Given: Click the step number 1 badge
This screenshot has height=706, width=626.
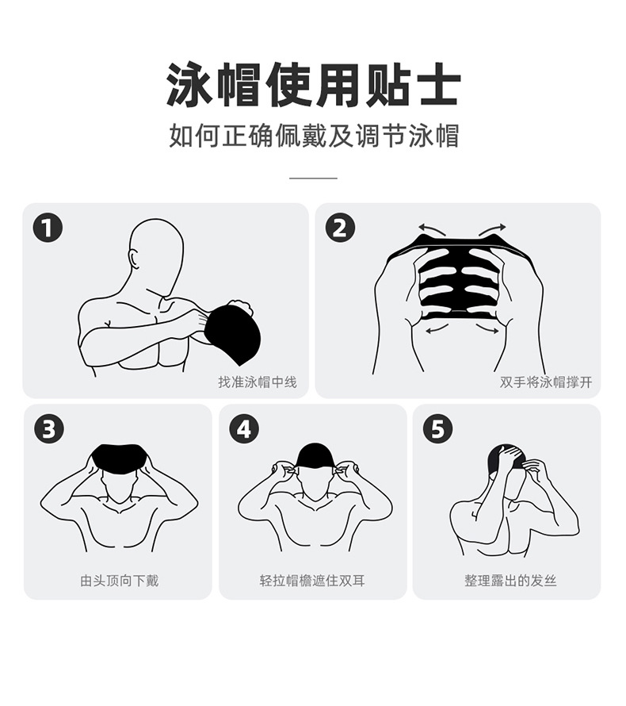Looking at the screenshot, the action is (48, 228).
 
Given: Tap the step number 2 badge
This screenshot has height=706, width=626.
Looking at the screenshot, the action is (340, 228).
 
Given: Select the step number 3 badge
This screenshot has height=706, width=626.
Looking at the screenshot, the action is (49, 428).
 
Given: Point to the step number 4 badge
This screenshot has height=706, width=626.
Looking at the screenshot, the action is (244, 428).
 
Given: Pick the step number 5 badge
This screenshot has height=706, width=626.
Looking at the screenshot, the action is (438, 428).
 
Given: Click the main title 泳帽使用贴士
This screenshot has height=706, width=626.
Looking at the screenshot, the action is (314, 85).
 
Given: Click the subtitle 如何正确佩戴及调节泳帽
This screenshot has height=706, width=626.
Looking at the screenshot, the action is (314, 135).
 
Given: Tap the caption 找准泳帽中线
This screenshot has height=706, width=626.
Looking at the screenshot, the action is (258, 382).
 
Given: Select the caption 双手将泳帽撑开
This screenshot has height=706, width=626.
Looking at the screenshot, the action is (546, 382).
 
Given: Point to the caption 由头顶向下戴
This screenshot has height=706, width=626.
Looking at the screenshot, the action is (119, 581).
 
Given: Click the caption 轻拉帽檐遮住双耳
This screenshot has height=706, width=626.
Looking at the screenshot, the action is (312, 581).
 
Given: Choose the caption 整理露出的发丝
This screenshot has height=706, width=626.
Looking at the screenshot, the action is (510, 581).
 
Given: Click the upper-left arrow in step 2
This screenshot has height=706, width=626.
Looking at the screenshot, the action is (432, 229).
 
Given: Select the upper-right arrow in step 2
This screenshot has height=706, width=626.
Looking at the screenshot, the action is (492, 228).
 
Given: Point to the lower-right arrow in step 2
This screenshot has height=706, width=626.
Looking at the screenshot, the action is (486, 328).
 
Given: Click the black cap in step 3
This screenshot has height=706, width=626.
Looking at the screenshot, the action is (119, 458).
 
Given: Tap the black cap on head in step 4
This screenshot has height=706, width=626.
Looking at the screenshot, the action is (315, 456).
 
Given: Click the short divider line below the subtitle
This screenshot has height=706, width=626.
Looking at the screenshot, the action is (314, 178).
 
